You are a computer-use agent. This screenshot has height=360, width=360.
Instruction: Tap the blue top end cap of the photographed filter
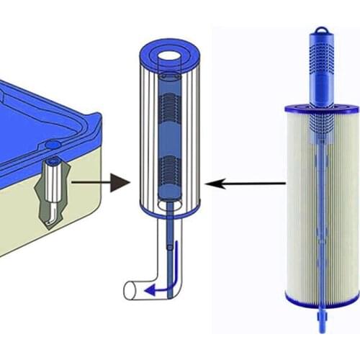click(320, 109)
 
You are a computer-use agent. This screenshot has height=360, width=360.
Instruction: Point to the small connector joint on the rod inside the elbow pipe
click(170, 248)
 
